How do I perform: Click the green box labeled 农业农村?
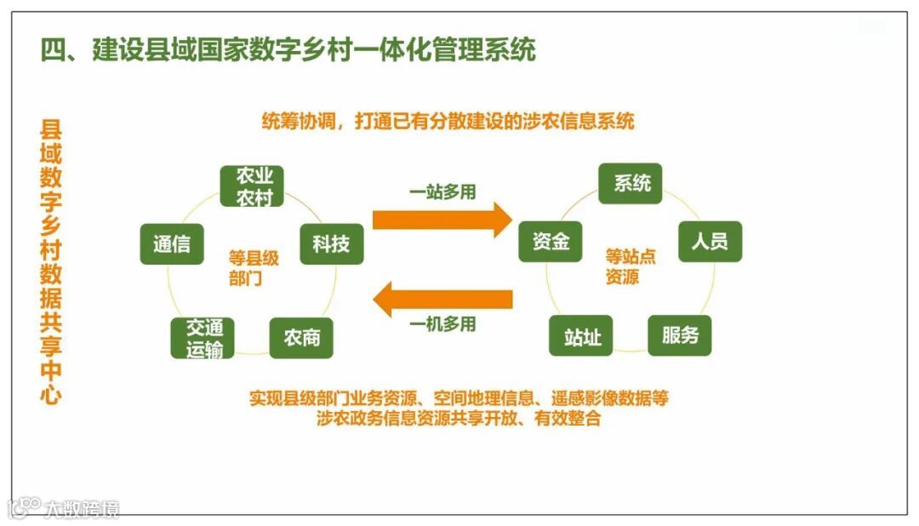point(252,186)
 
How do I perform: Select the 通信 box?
point(172,243)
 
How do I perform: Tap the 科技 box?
point(331,243)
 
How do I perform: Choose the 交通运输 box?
point(204,338)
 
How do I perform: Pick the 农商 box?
point(301,338)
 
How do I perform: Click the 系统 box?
point(631,183)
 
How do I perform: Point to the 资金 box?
point(551,242)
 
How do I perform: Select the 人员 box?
point(710,242)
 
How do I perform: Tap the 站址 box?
point(582,337)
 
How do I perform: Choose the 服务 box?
point(680,335)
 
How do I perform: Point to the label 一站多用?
point(442,192)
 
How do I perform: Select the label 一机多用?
point(442,324)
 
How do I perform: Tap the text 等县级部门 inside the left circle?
point(253,267)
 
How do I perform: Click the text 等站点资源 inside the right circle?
point(629,266)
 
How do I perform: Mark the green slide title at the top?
point(288,49)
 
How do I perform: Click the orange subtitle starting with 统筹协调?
point(448,121)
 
